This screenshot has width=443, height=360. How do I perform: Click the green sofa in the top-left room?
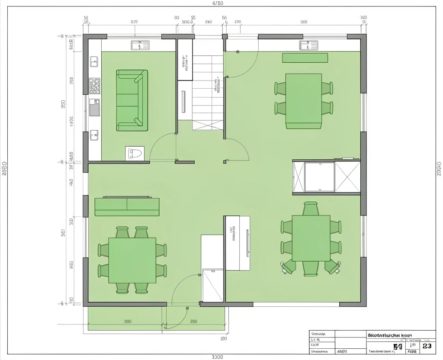[132, 100]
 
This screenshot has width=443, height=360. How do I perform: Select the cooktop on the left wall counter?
[94, 86]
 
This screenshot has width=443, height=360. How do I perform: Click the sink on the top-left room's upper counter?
[140, 45]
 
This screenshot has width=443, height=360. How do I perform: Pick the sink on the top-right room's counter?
[308, 45]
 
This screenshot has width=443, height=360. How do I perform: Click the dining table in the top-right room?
[303, 100]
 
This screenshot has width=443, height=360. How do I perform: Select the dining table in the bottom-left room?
[132, 260]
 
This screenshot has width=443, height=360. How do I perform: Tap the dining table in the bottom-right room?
[311, 238]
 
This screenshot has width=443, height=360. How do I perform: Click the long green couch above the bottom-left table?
[127, 206]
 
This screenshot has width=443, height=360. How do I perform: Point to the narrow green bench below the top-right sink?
[305, 58]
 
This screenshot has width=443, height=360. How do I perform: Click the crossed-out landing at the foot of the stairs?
[208, 125]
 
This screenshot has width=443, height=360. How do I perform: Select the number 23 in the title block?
[427, 346]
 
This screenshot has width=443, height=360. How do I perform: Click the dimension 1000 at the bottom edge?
[218, 357]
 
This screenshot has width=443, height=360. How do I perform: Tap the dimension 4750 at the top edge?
[218, 3]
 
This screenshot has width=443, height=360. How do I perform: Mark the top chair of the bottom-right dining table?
[311, 209]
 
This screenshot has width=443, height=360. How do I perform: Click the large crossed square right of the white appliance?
[347, 177]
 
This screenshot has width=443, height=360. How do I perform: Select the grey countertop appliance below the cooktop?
[94, 107]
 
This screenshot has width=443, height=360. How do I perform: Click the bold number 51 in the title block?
[398, 347]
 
